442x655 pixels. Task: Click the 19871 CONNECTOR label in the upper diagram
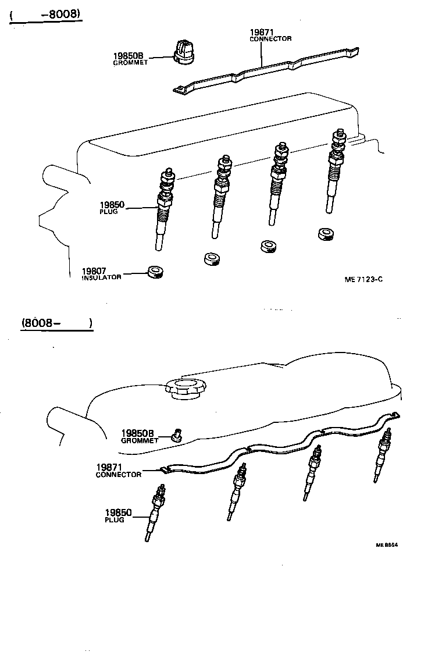pyautogui.click(x=270, y=35)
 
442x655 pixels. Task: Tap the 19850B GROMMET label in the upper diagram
pyautogui.click(x=131, y=59)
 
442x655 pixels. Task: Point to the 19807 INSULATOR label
pyautogui.click(x=102, y=273)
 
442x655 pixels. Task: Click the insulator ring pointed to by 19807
pyautogui.click(x=155, y=271)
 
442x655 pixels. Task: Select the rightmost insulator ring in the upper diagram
pyautogui.click(x=327, y=234)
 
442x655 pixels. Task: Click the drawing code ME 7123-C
pyautogui.click(x=363, y=279)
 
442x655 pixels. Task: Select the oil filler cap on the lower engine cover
pyautogui.click(x=184, y=386)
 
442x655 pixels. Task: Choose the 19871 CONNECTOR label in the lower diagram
pyautogui.click(x=119, y=471)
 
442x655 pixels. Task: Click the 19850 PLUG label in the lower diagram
pyautogui.click(x=118, y=515)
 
